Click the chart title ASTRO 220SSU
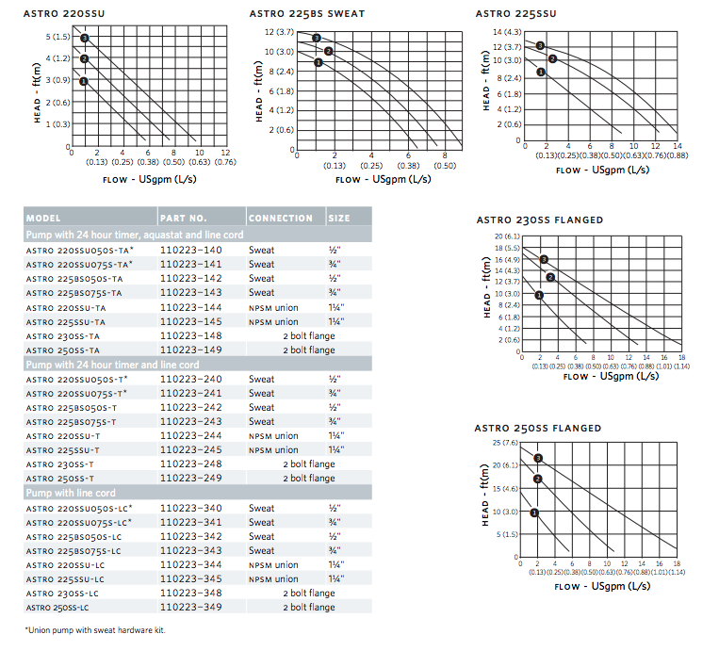point(64,14)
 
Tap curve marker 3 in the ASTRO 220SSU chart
point(85,38)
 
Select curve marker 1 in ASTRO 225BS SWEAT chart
point(319,62)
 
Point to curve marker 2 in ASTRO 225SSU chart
point(552,58)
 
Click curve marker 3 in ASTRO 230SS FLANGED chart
point(544,259)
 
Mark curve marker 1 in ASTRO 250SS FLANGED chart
point(534,512)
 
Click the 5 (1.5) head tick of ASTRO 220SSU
point(58,37)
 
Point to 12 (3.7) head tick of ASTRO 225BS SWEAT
point(279,32)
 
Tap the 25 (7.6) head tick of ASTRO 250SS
point(505,443)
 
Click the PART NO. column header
point(184,219)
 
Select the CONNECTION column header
point(281,219)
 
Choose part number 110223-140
point(190,251)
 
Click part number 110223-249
point(190,479)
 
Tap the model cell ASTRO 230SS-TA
point(63,336)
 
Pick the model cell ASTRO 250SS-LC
point(57,608)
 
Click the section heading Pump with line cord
point(71,494)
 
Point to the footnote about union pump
point(95,630)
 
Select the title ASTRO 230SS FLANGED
point(540,220)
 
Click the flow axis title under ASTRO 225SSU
point(602,171)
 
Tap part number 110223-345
point(190,579)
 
